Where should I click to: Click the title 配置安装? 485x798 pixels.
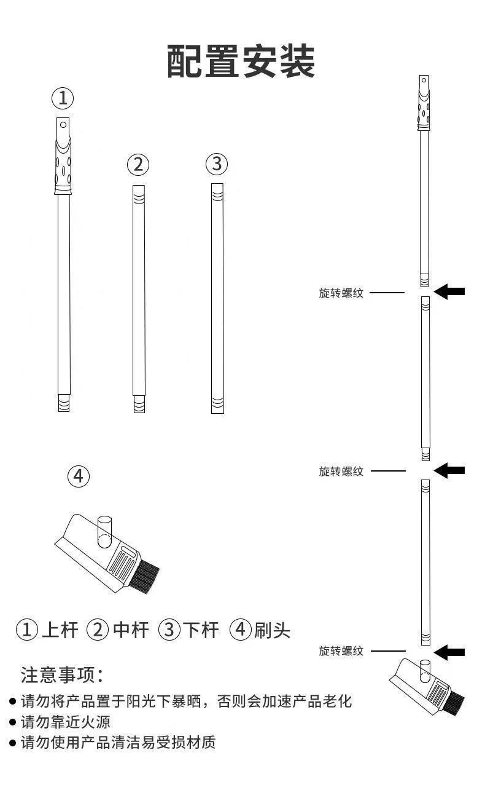241,61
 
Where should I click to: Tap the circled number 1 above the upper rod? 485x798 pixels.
62,98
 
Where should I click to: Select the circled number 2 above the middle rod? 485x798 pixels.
138,164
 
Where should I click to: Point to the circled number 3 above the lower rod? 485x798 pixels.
216,164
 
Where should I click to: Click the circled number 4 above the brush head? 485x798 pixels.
78,476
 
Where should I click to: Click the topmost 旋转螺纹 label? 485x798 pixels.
341,293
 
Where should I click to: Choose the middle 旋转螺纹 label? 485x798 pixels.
341,472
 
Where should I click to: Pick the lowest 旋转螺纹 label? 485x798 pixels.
341,651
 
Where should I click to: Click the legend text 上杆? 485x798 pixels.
60,630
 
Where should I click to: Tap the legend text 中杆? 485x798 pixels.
130,630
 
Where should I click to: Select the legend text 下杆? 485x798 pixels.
201,630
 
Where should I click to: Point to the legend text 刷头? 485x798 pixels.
272,630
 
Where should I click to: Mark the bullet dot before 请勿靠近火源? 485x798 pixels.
12,722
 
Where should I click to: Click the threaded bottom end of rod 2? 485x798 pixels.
139,405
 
